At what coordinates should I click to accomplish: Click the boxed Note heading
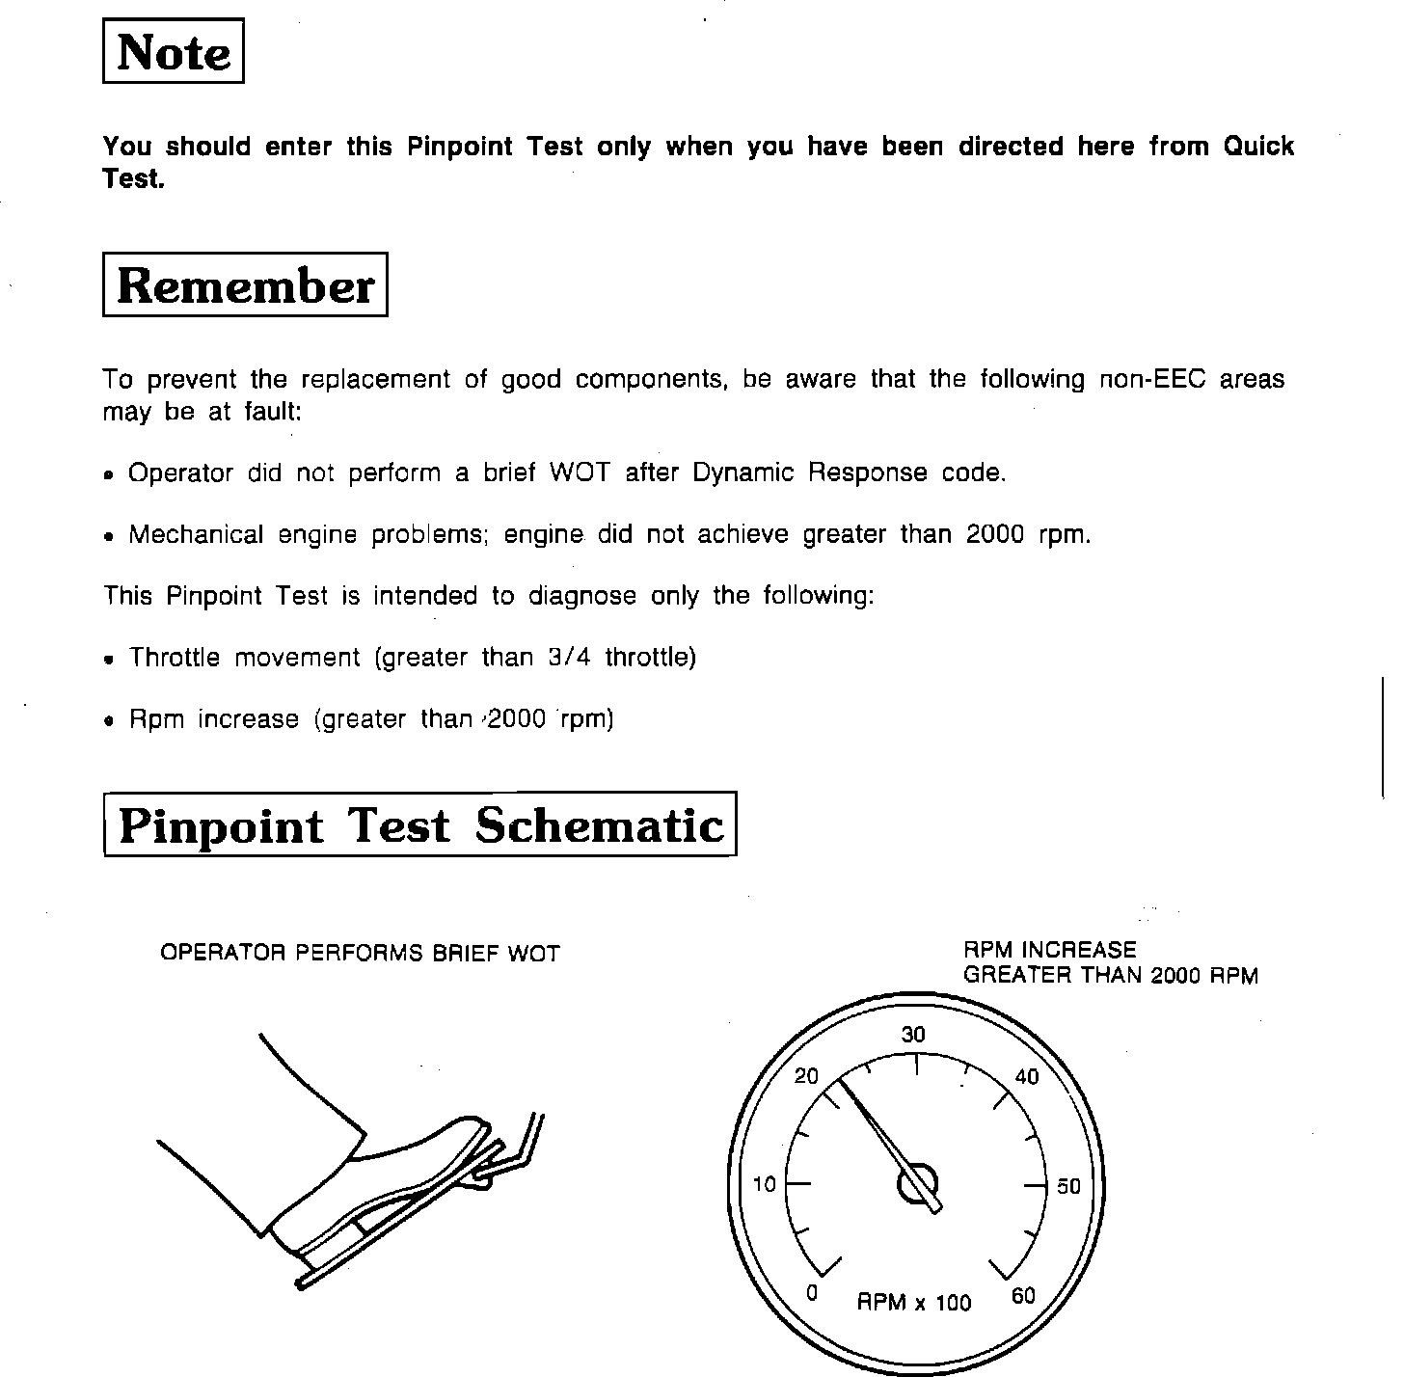pos(174,52)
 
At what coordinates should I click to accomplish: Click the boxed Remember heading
pos(245,285)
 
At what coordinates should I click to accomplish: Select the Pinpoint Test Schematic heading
pos(419,824)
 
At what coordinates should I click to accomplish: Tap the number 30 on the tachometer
pos(913,1036)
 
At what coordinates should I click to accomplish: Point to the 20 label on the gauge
pos(806,1076)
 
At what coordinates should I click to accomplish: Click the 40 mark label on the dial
pos(1028,1077)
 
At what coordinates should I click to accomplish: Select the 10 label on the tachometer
pos(764,1184)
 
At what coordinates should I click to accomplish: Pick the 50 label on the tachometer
pos(1068,1187)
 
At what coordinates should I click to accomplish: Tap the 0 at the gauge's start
pos(812,1293)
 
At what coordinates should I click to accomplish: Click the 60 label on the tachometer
pos(1023,1295)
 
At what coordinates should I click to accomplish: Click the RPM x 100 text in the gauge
pos(914,1304)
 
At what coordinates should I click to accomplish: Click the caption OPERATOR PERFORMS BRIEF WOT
pos(360,954)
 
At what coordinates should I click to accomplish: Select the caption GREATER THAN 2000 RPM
pos(1111,975)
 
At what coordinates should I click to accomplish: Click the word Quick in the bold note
pos(1258,147)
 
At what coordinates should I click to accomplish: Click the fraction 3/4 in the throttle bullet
pos(568,658)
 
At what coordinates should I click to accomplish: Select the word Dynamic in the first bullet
pos(743,472)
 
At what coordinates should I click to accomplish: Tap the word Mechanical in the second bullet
pos(196,534)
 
